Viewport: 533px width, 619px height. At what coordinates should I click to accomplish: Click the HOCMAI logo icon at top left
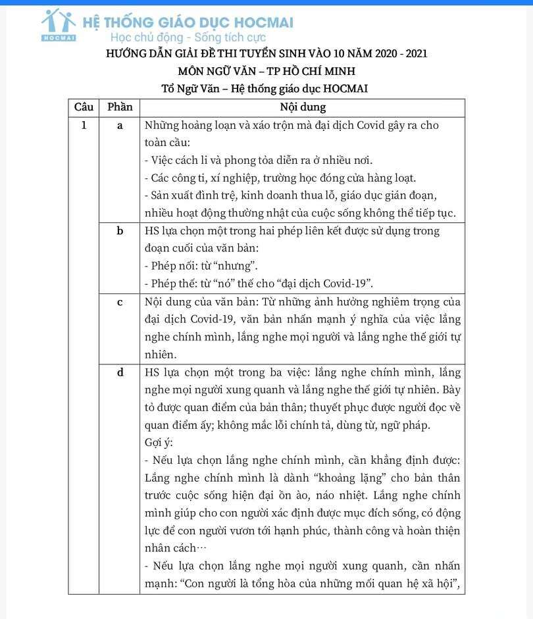[x=59, y=25]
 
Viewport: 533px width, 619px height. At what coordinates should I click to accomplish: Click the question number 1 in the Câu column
[x=84, y=126]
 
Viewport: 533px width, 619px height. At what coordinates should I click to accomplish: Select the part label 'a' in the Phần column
[x=120, y=126]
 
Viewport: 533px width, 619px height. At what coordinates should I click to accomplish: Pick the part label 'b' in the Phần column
[x=120, y=231]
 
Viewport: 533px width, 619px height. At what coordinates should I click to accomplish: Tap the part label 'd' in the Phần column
[x=120, y=372]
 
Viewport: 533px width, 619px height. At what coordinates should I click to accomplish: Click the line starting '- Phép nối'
[x=201, y=266]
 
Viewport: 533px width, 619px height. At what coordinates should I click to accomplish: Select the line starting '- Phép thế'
[x=259, y=284]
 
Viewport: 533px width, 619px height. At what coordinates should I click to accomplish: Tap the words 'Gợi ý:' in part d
[x=159, y=442]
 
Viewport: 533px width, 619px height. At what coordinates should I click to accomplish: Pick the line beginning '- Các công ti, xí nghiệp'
[x=280, y=178]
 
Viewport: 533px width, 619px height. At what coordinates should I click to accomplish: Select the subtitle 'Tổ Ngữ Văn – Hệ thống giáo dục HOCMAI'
[x=265, y=88]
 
